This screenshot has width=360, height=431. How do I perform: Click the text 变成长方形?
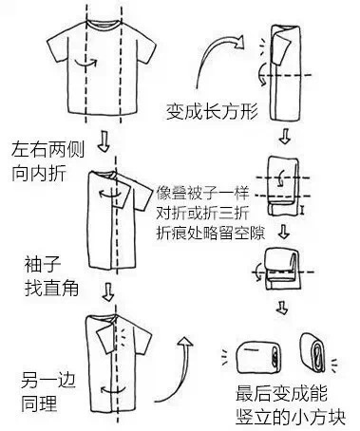(212, 111)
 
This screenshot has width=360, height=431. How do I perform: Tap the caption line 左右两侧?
(48, 149)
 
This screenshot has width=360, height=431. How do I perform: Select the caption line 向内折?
(39, 173)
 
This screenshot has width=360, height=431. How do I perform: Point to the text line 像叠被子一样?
(202, 194)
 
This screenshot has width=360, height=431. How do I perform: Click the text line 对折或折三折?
(202, 214)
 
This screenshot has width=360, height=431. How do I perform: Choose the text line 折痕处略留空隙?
(211, 234)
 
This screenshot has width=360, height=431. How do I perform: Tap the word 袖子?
(43, 264)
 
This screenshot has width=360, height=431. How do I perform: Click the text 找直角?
(51, 288)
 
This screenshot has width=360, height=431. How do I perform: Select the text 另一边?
(48, 380)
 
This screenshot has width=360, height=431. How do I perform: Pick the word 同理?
(39, 403)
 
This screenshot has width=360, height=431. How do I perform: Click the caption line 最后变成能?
(281, 393)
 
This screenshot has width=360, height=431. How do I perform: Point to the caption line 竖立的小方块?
(291, 417)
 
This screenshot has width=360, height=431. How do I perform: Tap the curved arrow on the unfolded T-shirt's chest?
(85, 63)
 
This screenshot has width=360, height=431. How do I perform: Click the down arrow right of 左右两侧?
(104, 141)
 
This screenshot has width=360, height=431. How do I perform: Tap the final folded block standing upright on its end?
(313, 354)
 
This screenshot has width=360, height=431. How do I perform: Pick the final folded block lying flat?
(258, 358)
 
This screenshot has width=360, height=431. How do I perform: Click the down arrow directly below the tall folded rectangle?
(284, 136)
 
